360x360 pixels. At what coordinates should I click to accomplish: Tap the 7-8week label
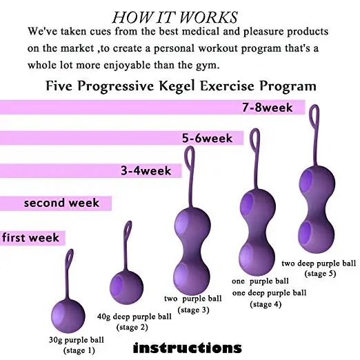268,108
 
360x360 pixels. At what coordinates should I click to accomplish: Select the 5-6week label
212,139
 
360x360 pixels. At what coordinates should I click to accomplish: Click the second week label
61,203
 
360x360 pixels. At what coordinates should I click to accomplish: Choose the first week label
31,238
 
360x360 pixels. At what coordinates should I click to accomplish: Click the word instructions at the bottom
188,347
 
